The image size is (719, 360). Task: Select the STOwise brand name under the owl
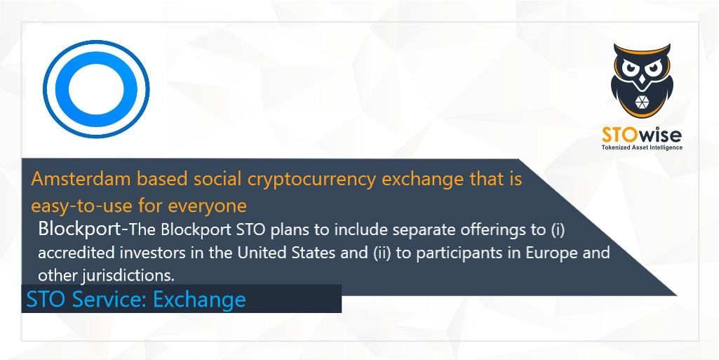click(642, 134)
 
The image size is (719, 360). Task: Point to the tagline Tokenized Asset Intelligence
click(642, 147)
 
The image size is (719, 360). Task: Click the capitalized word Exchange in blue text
click(200, 300)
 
